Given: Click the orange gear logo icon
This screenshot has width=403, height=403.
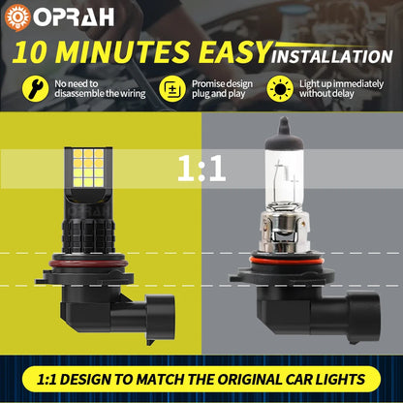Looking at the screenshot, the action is click(17, 17).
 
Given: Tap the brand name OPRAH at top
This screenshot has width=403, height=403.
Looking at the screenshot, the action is click(74, 16).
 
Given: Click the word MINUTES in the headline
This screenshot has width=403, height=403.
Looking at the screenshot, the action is click(122, 52).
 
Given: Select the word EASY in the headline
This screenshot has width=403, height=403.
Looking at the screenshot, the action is click(234, 52).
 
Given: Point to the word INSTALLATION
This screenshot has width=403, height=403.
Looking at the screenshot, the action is click(332, 56).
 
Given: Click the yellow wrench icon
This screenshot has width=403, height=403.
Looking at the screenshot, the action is click(35, 89).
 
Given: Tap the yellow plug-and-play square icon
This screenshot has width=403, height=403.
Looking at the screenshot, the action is click(172, 89).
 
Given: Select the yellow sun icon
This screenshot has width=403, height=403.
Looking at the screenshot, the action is click(280, 89).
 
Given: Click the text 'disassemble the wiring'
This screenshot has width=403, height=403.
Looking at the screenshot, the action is click(100, 94).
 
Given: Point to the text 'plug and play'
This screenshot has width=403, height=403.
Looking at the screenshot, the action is click(219, 94).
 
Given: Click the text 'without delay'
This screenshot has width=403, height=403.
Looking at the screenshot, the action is click(326, 94).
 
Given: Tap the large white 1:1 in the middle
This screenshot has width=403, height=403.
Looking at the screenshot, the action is click(201, 169).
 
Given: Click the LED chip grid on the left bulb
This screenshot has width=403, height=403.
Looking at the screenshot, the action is click(88, 168).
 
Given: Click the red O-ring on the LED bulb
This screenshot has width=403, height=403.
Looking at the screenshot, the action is click(87, 263).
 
